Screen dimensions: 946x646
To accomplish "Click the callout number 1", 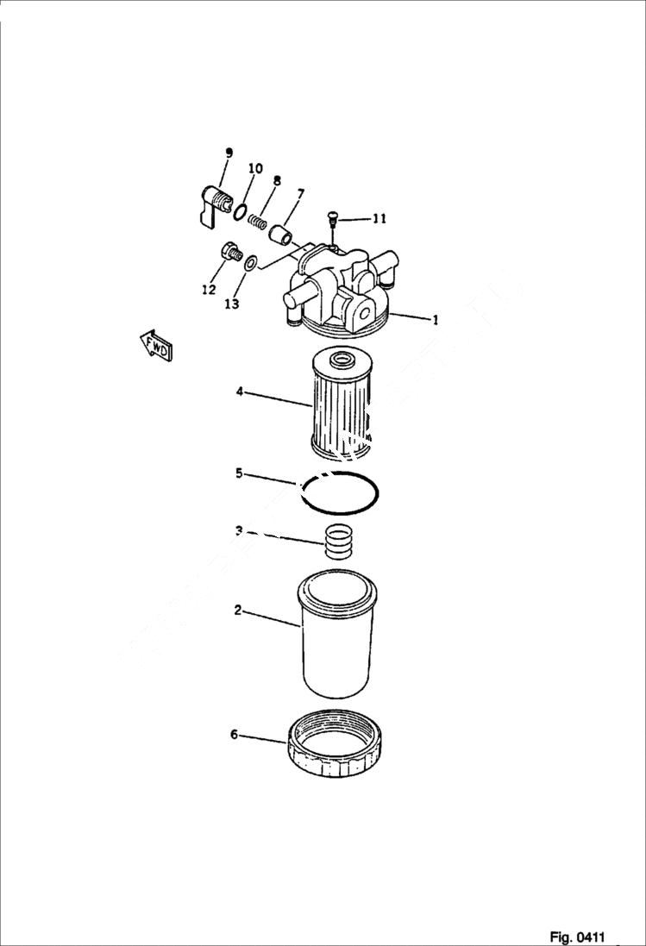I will point(436,320).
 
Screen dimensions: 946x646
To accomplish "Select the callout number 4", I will point(239,392).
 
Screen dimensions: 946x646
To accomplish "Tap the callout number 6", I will point(234,735).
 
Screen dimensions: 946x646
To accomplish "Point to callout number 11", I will point(379,219).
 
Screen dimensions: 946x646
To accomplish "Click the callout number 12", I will point(209,290).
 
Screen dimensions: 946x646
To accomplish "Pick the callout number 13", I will point(231,304).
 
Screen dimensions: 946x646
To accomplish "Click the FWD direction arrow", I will point(156,346).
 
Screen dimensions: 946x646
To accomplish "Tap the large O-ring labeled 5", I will point(340,494).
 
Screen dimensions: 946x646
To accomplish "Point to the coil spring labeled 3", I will point(339,542).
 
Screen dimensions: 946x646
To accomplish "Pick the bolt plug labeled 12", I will point(230,253).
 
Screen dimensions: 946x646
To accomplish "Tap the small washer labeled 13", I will point(250,263).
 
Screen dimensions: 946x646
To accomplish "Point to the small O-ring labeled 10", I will point(241,211).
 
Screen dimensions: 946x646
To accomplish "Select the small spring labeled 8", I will point(258,222).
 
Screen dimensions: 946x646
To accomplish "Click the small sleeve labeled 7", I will point(279,234).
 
